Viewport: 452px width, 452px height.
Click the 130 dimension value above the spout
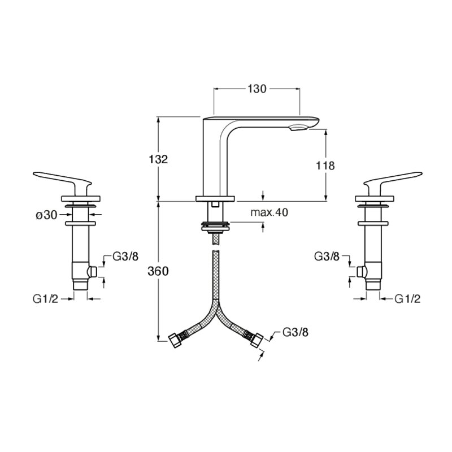257,89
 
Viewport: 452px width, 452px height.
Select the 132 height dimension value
158,159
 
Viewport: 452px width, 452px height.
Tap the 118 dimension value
325,166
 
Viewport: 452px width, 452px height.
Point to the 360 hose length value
158,271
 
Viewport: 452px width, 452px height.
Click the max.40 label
270,212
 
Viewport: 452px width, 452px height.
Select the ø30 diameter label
47,215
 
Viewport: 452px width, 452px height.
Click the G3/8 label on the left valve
125,257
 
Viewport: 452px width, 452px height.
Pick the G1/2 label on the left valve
46,299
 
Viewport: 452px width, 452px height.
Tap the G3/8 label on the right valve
327,257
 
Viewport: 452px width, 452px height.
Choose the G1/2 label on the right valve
407,299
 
